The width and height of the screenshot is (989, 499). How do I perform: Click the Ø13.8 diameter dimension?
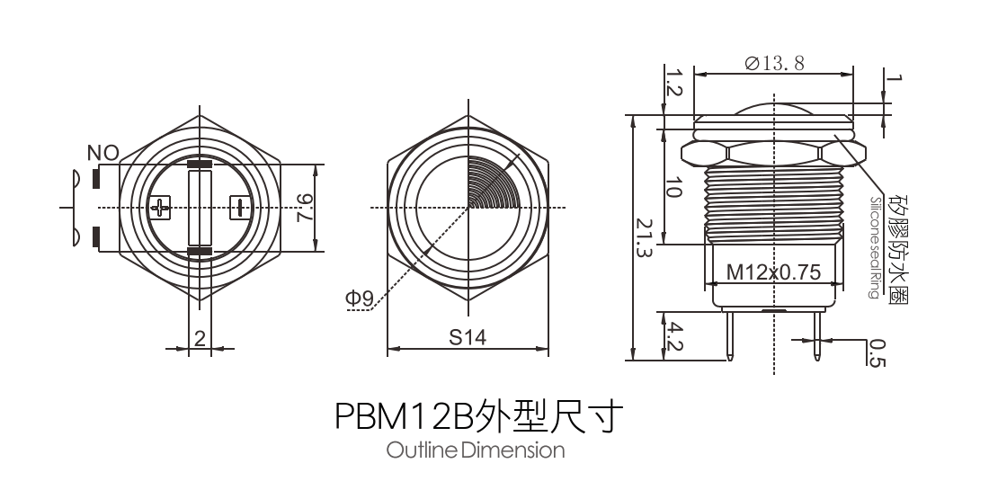point(774,62)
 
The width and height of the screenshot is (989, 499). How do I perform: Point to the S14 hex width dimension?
point(468,337)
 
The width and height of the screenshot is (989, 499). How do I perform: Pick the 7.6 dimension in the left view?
point(306,209)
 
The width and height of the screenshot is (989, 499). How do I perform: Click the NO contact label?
point(102,154)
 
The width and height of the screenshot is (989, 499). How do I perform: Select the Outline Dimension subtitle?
point(476,450)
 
